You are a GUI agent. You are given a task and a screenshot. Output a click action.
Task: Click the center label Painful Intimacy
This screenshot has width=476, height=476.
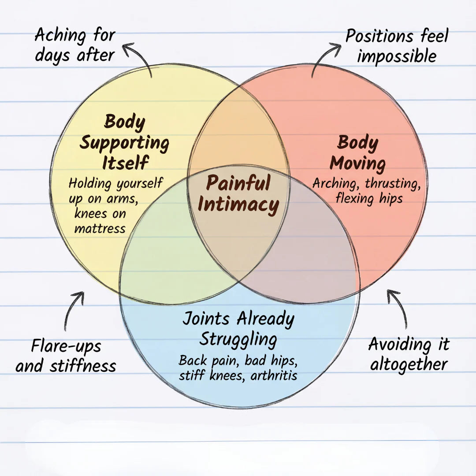(238, 194)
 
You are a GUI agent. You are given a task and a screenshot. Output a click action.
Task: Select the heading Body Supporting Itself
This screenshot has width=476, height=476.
(125, 142)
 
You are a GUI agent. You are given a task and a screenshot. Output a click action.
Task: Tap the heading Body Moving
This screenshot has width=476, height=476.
(357, 153)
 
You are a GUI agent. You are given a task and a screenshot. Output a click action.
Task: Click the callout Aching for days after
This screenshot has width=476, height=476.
(75, 45)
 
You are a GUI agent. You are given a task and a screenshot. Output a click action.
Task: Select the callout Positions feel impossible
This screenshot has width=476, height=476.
(396, 46)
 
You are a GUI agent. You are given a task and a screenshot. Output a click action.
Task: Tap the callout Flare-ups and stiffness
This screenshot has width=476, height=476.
(66, 356)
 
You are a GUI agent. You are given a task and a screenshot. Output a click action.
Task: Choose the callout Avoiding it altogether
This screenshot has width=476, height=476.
(409, 354)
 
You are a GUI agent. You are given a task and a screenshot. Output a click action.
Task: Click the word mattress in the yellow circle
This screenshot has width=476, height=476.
(100, 228)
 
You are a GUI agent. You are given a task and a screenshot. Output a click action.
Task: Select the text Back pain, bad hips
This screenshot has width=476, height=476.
(238, 360)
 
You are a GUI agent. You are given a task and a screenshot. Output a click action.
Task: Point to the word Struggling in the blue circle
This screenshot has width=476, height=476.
(238, 339)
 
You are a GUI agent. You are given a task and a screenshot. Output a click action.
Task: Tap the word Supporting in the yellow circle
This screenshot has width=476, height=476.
(124, 142)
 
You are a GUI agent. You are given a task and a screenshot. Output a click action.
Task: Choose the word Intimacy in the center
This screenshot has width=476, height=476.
(238, 205)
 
